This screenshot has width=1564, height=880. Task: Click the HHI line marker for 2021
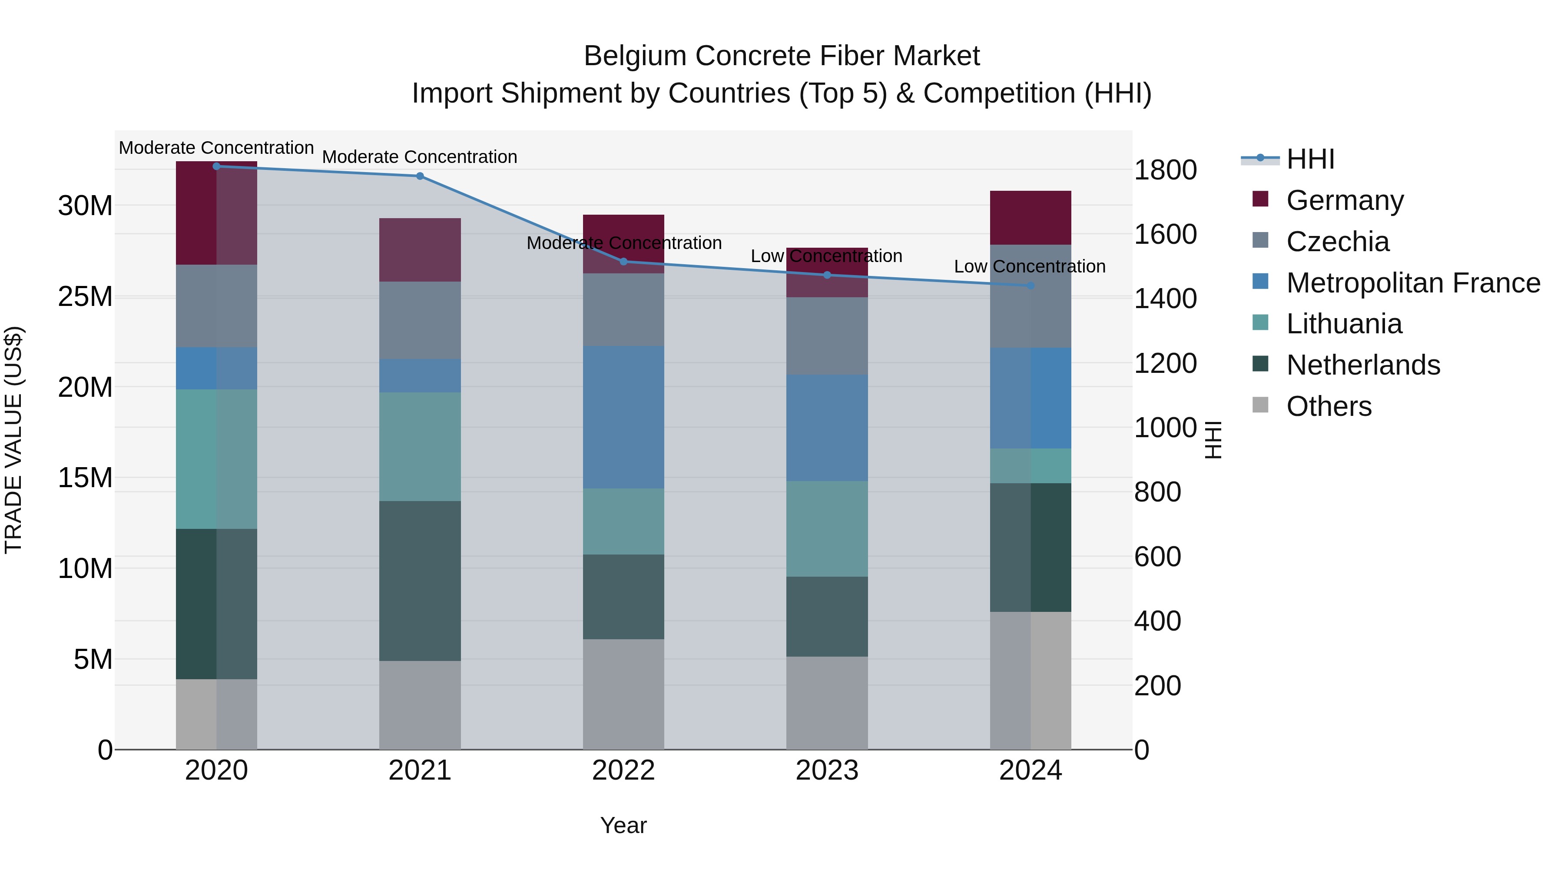(x=420, y=176)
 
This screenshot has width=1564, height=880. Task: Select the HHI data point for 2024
(x=1031, y=286)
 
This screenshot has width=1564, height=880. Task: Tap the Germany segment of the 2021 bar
(x=420, y=249)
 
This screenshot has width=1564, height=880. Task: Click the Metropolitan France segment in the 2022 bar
(x=623, y=417)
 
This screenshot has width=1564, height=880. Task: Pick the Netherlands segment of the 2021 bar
(x=420, y=581)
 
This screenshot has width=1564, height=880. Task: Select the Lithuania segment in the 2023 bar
(x=826, y=528)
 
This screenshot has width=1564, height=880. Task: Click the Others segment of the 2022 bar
(x=623, y=694)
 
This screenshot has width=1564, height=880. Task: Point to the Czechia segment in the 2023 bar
(x=826, y=336)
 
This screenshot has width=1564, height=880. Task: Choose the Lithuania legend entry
(x=1344, y=324)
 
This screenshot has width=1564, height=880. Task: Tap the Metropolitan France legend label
(x=1413, y=283)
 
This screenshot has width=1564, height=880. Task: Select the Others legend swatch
(x=1260, y=405)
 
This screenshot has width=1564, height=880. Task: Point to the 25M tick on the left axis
(x=85, y=297)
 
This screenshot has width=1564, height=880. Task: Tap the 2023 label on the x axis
(x=826, y=770)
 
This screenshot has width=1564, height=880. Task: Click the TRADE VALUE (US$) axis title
(x=13, y=440)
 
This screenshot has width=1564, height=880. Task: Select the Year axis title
(x=623, y=825)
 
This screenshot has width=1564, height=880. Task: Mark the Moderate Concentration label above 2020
(x=216, y=148)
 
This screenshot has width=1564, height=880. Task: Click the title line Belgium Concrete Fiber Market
(x=782, y=56)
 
